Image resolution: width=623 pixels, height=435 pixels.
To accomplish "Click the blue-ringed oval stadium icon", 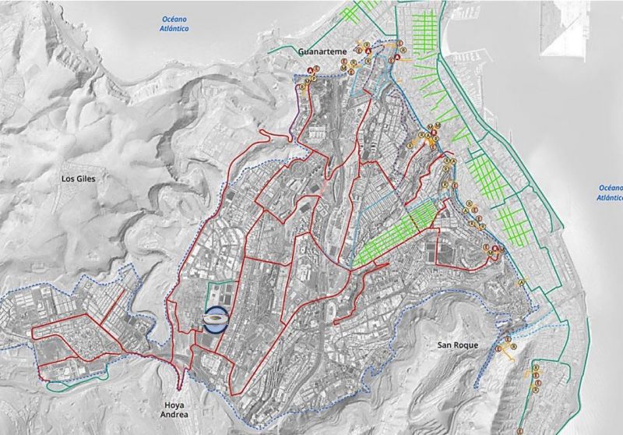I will [216, 320].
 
